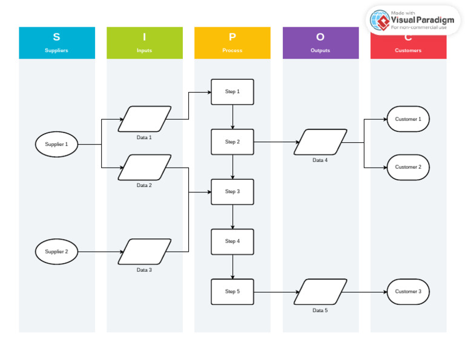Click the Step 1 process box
click(x=232, y=92)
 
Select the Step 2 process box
click(x=232, y=142)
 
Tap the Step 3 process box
click(x=232, y=192)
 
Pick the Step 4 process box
click(x=232, y=241)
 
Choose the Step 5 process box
click(x=232, y=292)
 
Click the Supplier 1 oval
click(x=56, y=145)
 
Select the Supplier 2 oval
click(x=56, y=252)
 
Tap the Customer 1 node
click(x=408, y=119)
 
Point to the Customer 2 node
click(x=408, y=167)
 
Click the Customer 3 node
click(x=408, y=292)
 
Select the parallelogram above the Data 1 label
click(x=144, y=119)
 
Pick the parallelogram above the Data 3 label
click(x=144, y=252)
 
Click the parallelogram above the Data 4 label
click(x=320, y=142)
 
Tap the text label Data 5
click(x=320, y=310)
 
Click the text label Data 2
click(x=144, y=186)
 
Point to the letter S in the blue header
click(x=56, y=38)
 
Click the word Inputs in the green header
click(x=144, y=51)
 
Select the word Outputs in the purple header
click(x=320, y=51)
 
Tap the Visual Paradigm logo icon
click(x=380, y=20)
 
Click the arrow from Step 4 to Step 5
click(x=232, y=266)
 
